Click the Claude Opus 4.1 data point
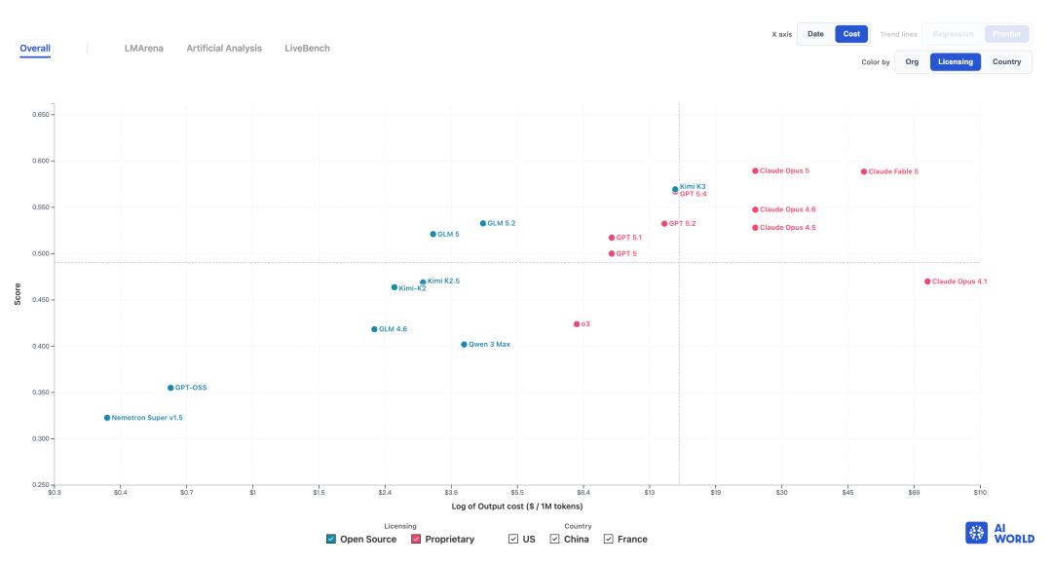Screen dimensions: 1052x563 (927, 281)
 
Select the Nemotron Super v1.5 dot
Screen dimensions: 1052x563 (107, 418)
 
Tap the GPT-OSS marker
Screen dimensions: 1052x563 (170, 388)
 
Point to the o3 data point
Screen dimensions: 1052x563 (577, 324)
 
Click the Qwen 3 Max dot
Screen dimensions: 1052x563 (464, 345)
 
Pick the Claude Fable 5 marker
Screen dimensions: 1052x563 (863, 171)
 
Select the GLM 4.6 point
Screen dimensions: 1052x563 (374, 329)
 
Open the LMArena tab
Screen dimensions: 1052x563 (143, 49)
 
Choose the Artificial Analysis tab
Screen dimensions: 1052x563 (224, 49)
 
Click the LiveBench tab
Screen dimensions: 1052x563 (307, 49)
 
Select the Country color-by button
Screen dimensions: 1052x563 (1006, 61)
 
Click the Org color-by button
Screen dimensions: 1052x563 (912, 61)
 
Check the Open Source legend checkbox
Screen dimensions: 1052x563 (331, 539)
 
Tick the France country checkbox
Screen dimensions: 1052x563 (608, 539)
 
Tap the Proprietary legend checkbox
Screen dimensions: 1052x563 (415, 539)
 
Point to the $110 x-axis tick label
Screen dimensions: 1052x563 (980, 493)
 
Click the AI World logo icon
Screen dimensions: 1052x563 (976, 533)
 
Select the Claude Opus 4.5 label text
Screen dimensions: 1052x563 (788, 228)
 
